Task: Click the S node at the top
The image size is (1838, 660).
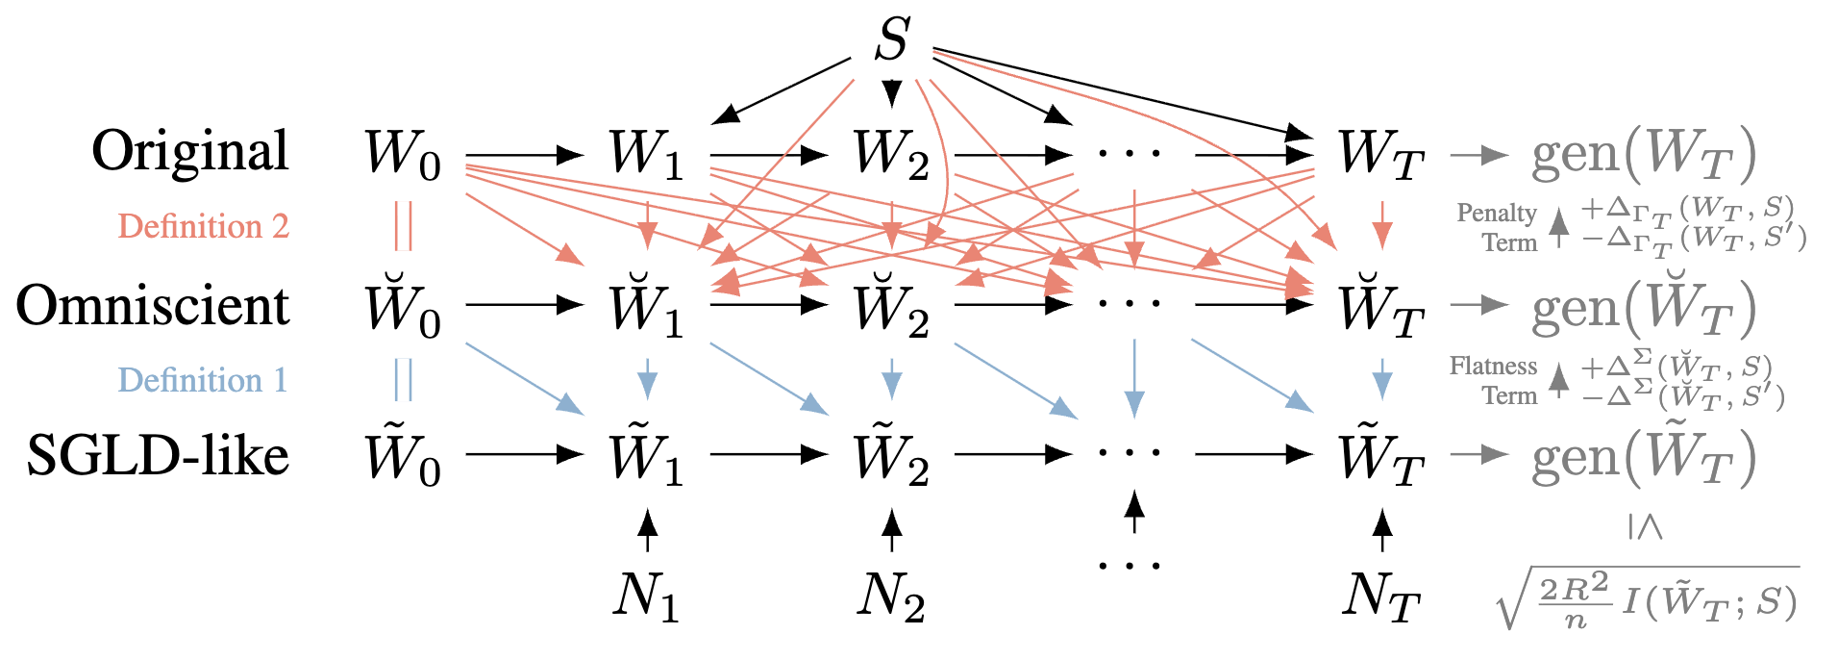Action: (x=892, y=40)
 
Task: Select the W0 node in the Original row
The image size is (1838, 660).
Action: (x=402, y=155)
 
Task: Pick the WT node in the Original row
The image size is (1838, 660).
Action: (x=1380, y=155)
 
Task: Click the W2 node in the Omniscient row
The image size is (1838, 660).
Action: (x=891, y=307)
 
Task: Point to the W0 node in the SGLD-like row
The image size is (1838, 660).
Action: (x=402, y=457)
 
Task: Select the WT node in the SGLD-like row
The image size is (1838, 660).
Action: (x=1380, y=457)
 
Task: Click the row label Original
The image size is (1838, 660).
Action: (x=190, y=151)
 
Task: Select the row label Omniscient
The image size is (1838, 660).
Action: (x=153, y=306)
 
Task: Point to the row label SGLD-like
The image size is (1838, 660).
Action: (x=158, y=455)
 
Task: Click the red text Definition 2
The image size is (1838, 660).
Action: (x=203, y=226)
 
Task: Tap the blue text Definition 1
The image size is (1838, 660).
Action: (x=203, y=380)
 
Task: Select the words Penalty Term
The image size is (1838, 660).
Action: (x=1498, y=227)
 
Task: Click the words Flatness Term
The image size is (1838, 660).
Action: (x=1494, y=380)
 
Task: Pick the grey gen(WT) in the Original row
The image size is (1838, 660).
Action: (x=1643, y=155)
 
